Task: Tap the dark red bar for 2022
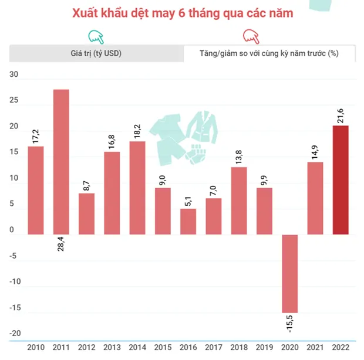pyautogui.click(x=340, y=180)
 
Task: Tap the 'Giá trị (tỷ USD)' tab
pyautogui.click(x=96, y=53)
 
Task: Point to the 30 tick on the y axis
pyautogui.click(x=15, y=74)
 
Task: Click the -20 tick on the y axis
pyautogui.click(x=14, y=334)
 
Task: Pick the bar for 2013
pyautogui.click(x=112, y=193)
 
